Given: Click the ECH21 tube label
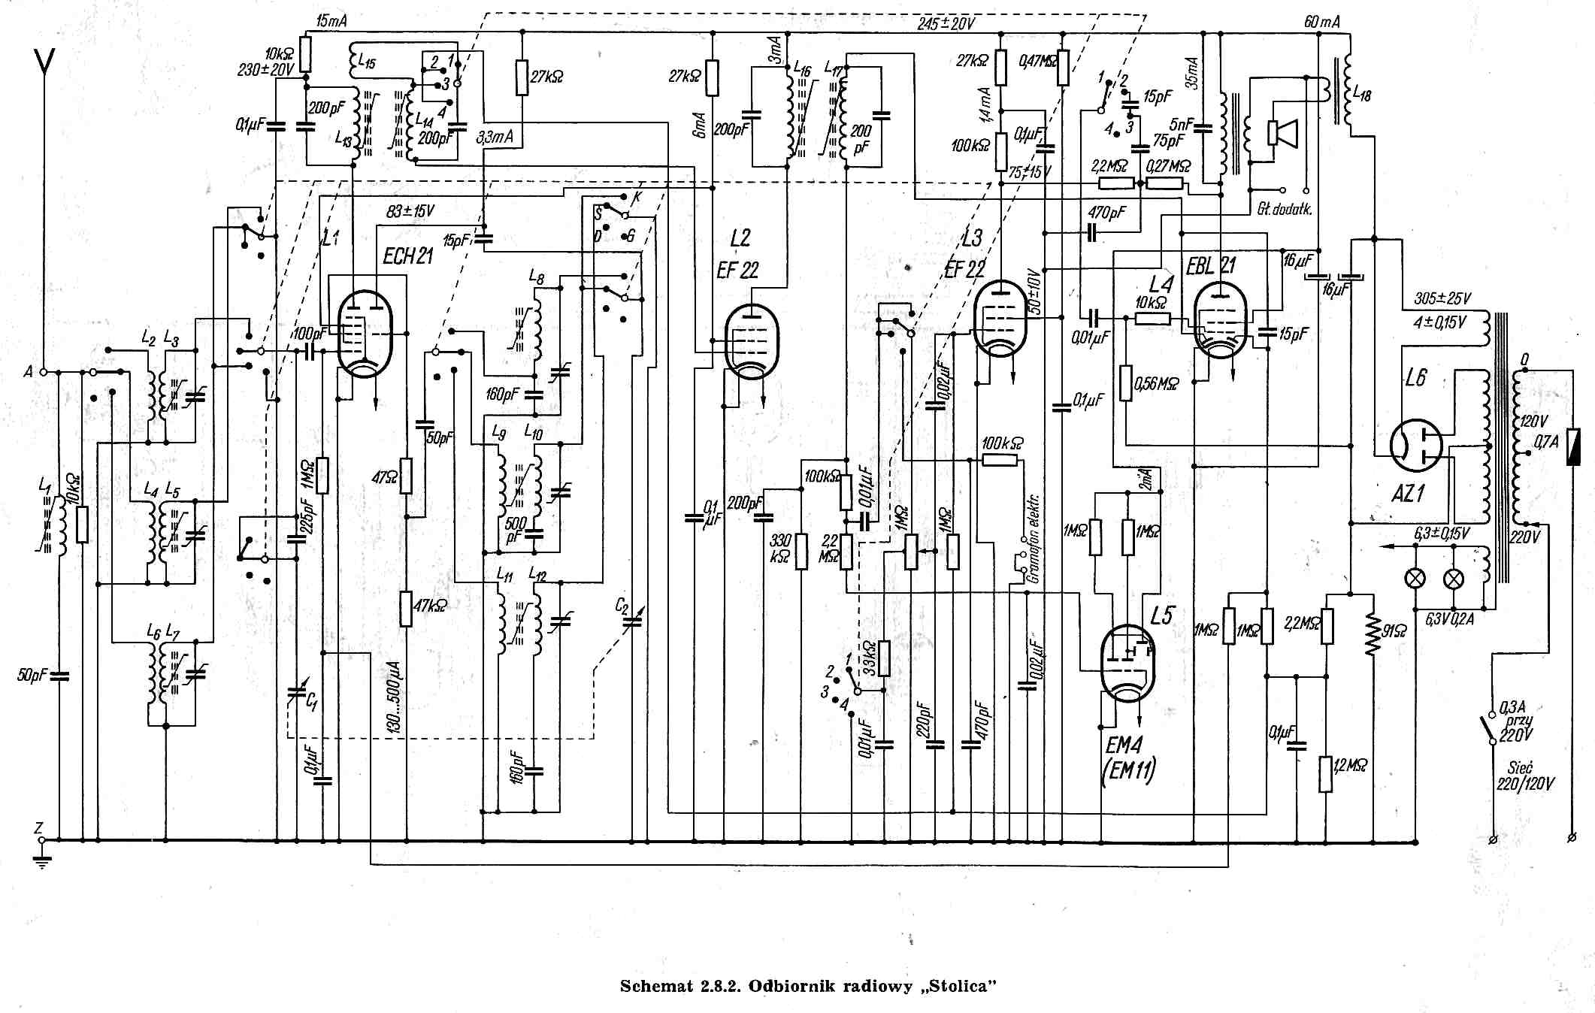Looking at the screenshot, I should pos(407,256).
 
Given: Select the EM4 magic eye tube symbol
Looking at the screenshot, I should pos(1127,662).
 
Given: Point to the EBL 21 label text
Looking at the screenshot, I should pos(1210,265).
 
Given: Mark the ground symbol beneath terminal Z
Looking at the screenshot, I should pos(42,860).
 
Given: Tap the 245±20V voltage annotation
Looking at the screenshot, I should pos(945,23).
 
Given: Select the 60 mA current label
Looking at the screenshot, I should pos(1321,22).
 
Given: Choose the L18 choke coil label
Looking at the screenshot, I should pos(1361,95).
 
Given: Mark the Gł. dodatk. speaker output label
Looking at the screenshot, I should pos(1284,209).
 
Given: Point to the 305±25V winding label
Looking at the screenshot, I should pos(1442,298).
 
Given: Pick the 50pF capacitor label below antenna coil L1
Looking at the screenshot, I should pos(32,675).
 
